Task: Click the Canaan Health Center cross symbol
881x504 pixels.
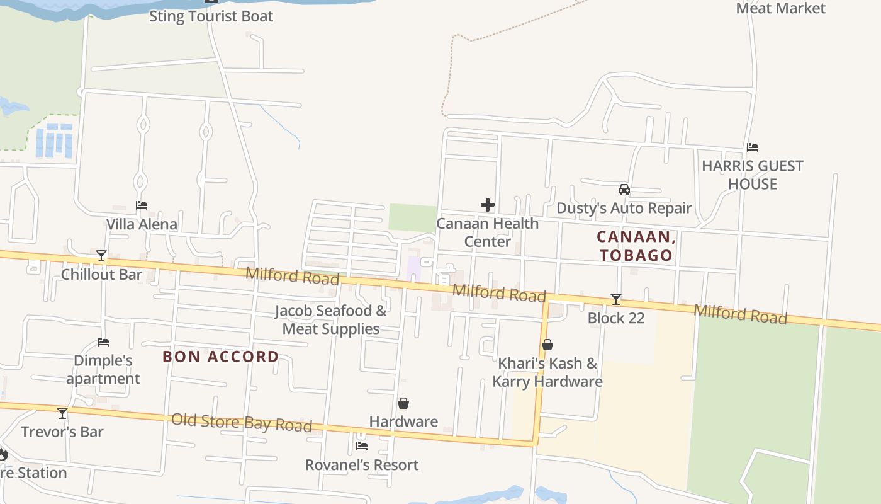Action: pyautogui.click(x=488, y=205)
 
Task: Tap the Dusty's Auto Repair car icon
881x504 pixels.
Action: pyautogui.click(x=624, y=189)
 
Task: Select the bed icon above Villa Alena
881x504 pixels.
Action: pyautogui.click(x=142, y=205)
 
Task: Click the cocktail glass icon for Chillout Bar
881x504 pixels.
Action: pyautogui.click(x=101, y=256)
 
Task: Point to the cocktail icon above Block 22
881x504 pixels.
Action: pyautogui.click(x=616, y=299)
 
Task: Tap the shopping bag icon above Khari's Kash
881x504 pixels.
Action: pyautogui.click(x=547, y=345)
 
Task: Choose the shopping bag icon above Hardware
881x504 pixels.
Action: pyautogui.click(x=403, y=403)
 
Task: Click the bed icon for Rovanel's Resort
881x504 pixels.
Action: pyautogui.click(x=362, y=446)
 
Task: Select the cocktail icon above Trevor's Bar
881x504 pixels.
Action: pyautogui.click(x=62, y=413)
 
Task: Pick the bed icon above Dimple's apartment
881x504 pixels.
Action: pyautogui.click(x=103, y=342)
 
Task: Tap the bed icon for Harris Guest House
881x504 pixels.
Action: pyautogui.click(x=753, y=147)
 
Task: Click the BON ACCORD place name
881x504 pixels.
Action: pyautogui.click(x=220, y=357)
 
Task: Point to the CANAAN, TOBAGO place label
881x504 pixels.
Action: pyautogui.click(x=636, y=246)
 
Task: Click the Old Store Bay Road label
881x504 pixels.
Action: pyautogui.click(x=242, y=422)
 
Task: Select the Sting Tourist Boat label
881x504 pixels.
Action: pyautogui.click(x=211, y=16)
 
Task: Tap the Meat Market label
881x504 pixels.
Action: pyautogui.click(x=780, y=8)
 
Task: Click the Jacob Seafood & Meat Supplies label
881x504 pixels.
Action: pyautogui.click(x=331, y=319)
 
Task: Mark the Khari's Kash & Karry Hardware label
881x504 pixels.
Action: pyautogui.click(x=547, y=372)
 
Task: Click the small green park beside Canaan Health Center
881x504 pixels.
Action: pyautogui.click(x=412, y=217)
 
